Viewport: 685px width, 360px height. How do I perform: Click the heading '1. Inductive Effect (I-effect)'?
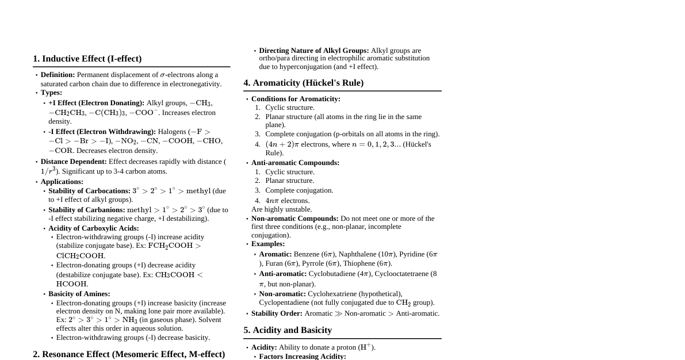click(87, 59)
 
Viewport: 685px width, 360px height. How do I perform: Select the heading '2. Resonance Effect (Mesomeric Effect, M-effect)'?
click(129, 354)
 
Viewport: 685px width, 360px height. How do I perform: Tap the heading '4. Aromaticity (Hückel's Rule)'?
click(303, 83)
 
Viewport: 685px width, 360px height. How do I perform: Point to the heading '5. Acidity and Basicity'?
click(287, 330)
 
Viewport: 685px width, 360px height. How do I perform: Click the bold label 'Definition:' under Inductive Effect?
click(58, 75)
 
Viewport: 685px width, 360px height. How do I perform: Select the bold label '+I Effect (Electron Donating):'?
click(96, 103)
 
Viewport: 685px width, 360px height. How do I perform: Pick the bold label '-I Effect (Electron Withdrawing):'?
click(102, 132)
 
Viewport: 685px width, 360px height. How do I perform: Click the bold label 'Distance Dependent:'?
click(74, 162)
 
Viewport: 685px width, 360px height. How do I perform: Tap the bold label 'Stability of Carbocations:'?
click(89, 191)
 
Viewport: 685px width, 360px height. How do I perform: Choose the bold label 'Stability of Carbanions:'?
click(86, 210)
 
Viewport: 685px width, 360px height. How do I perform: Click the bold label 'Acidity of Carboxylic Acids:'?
click(94, 228)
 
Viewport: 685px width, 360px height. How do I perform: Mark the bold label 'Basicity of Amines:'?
click(79, 294)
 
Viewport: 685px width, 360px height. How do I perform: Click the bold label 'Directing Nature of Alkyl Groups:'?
click(313, 51)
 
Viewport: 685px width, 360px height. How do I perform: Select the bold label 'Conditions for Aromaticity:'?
click(296, 99)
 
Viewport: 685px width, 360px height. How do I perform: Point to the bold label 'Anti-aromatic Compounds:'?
click(295, 163)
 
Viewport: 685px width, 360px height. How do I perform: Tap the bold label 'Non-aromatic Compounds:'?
click(294, 219)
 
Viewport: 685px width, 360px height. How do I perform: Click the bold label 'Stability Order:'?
click(277, 313)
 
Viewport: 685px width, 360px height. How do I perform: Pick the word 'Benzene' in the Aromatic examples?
click(307, 254)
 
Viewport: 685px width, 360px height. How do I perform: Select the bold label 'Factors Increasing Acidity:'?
click(303, 357)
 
